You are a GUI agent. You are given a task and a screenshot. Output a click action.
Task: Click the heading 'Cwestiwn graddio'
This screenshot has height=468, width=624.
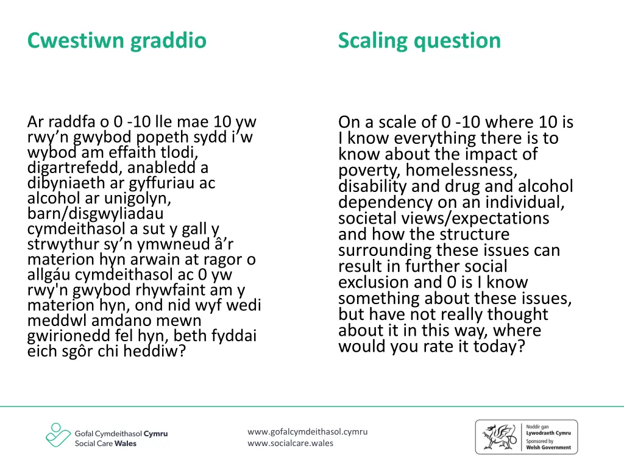click(117, 41)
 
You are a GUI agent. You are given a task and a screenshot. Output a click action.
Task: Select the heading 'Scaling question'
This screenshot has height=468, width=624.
click(419, 41)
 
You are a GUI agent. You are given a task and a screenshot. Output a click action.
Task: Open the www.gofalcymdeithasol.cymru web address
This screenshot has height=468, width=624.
click(308, 431)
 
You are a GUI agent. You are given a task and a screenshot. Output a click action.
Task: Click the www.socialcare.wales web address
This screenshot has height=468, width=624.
click(291, 443)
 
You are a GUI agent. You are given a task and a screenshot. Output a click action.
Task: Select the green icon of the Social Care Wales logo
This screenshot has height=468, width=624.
click(57, 435)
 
